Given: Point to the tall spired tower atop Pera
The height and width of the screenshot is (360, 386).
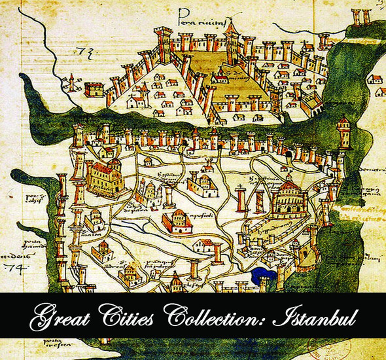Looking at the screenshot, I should [x=231, y=36].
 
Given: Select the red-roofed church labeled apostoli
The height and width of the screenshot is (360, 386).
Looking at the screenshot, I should [x=177, y=221].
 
